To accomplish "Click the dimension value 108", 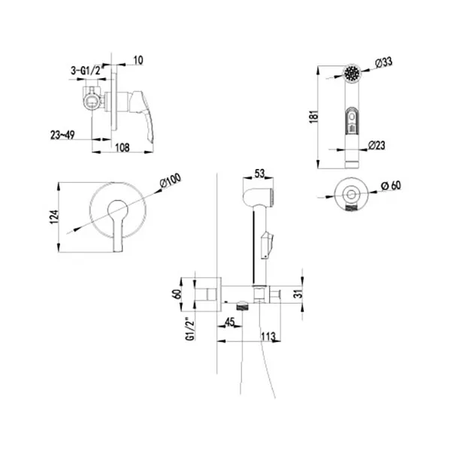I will tap(114, 148).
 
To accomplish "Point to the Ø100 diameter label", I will tap(171, 181).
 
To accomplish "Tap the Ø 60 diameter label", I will tap(391, 186).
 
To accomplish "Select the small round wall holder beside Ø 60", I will tap(350, 193).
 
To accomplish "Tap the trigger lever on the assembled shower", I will tap(267, 243).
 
